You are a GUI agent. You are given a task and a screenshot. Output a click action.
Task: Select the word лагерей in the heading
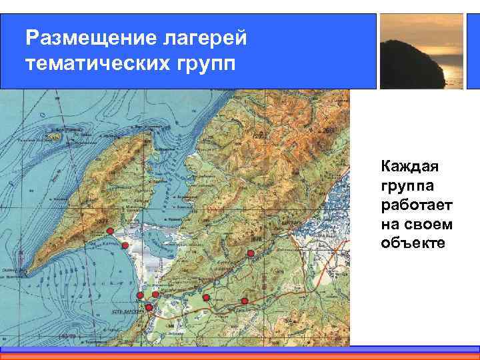point(205,38)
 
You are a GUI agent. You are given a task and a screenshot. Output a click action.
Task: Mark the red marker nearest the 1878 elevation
point(251,253)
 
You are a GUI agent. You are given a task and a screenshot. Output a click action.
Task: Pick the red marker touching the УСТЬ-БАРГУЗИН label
point(149,307)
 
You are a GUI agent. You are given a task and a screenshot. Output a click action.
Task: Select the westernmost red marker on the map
point(110,231)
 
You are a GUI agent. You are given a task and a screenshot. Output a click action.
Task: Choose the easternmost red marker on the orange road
point(245,301)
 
